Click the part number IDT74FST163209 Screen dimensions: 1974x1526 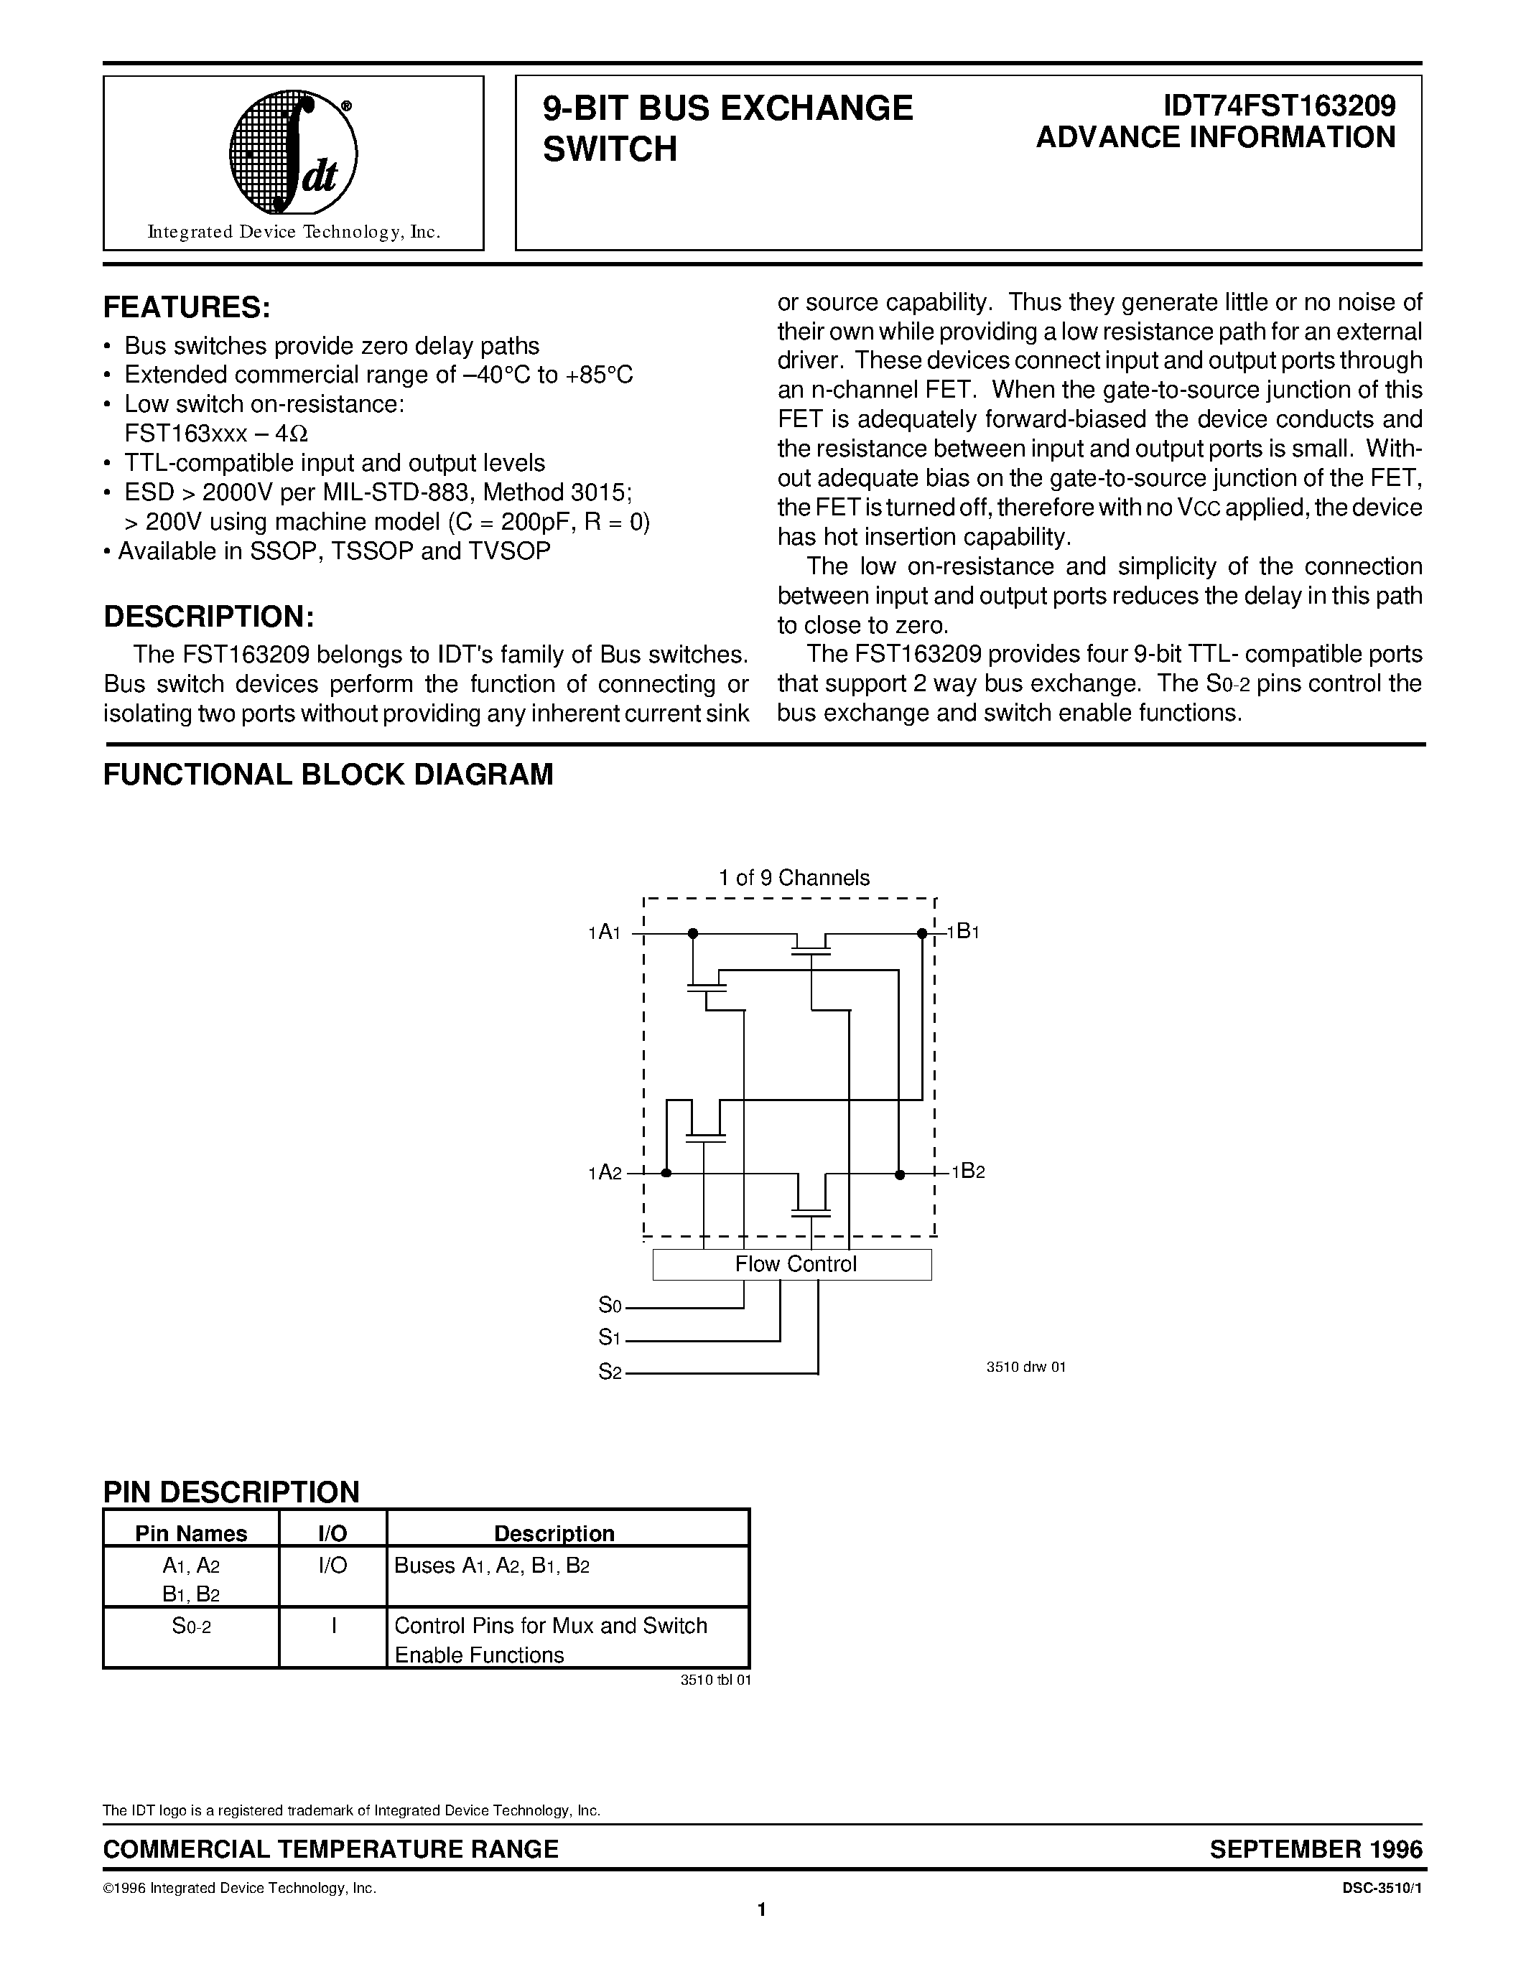pyautogui.click(x=1278, y=107)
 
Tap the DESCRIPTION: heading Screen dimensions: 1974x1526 pyautogui.click(x=209, y=617)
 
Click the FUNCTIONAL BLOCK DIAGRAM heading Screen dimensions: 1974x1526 pyautogui.click(x=328, y=775)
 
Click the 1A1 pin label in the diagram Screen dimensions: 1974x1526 pyautogui.click(x=604, y=932)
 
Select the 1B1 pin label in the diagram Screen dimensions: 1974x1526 pyautogui.click(x=964, y=931)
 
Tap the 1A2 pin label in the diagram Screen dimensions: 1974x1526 pyautogui.click(x=605, y=1173)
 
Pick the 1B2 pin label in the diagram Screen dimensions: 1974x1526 pyautogui.click(x=967, y=1171)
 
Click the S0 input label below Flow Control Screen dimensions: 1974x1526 pyautogui.click(x=610, y=1305)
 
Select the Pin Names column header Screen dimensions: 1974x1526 pyautogui.click(x=191, y=1534)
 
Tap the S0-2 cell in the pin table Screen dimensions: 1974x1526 pyautogui.click(x=191, y=1626)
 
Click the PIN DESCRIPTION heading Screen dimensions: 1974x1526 pyautogui.click(x=231, y=1492)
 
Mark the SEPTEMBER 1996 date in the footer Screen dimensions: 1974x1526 pyautogui.click(x=1316, y=1849)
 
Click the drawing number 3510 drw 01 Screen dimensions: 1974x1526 pyautogui.click(x=1025, y=1367)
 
